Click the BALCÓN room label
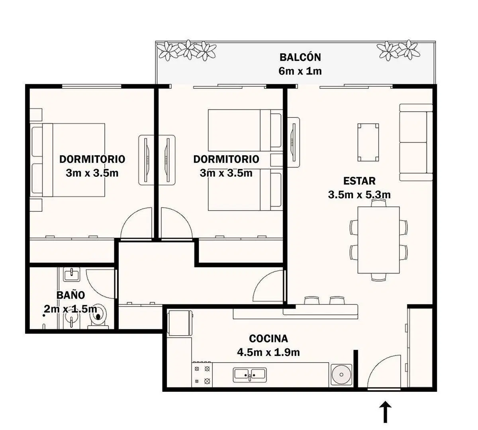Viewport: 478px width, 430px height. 300,57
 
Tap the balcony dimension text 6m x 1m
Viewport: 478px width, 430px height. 300,71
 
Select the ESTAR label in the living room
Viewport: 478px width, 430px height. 359,181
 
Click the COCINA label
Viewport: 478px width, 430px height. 268,338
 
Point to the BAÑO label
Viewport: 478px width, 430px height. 71,295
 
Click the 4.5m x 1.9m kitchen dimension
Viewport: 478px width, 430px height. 268,352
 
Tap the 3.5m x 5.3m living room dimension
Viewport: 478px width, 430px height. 359,195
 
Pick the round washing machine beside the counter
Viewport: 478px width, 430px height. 341,375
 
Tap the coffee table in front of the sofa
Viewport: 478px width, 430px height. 368,142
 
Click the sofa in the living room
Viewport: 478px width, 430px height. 416,142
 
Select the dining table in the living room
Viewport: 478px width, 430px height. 379,240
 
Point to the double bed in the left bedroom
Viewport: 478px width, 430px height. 67,160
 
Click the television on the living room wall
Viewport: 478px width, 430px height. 293,142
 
